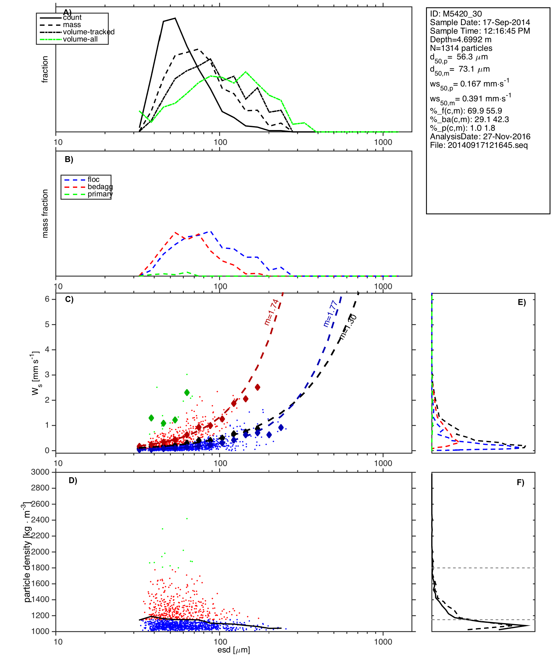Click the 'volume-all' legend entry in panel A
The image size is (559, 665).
point(80,39)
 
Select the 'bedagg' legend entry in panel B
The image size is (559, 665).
point(100,187)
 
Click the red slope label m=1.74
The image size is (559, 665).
point(272,312)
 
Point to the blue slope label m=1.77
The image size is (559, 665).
point(330,314)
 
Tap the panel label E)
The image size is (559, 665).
point(522,303)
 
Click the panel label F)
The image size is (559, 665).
point(520,482)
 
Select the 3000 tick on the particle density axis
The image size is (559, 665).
point(40,472)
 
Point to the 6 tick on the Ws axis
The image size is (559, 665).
point(47,299)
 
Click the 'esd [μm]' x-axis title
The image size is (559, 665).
point(234,650)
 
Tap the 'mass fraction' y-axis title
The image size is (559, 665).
point(45,214)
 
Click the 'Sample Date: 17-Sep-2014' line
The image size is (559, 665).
point(480,22)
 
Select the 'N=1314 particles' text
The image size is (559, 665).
point(461,48)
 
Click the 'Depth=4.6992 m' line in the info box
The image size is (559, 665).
point(461,40)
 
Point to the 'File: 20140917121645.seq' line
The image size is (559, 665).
point(479,145)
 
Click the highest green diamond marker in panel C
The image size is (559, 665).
point(187,392)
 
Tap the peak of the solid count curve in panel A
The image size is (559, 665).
point(175,18)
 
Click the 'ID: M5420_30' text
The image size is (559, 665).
point(456,14)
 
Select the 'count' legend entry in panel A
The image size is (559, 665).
point(72,17)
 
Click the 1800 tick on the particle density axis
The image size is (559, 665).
point(40,568)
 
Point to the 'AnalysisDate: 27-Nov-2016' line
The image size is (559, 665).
point(480,137)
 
